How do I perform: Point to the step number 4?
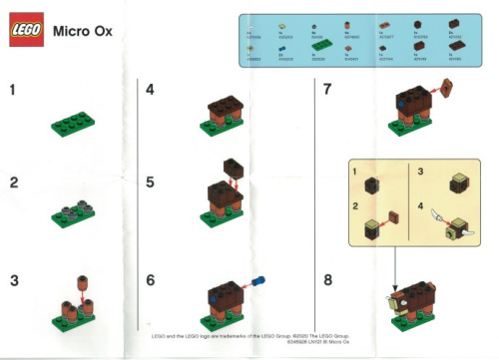coord(150,90)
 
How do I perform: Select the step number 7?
coord(327,90)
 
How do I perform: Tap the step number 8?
coord(327,280)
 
